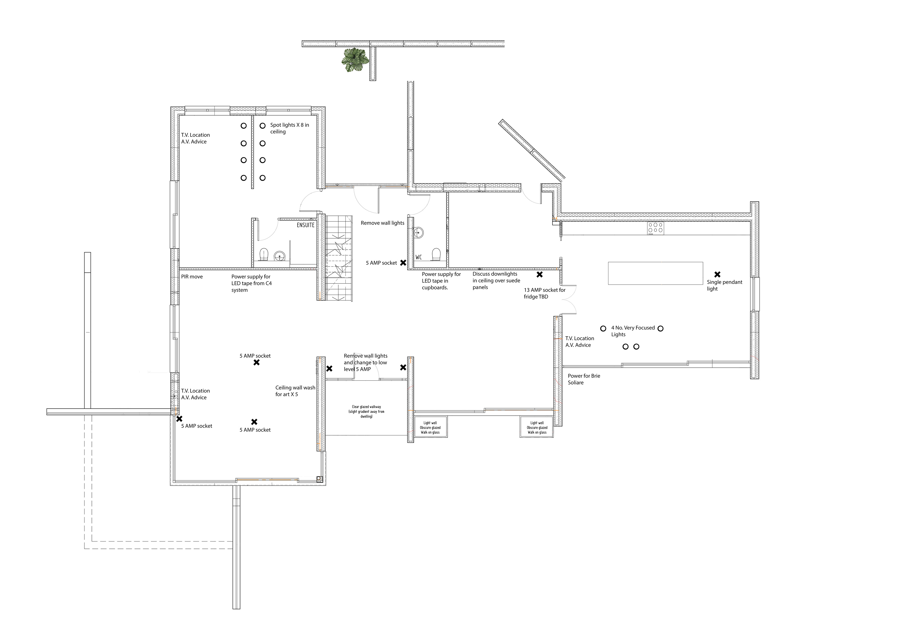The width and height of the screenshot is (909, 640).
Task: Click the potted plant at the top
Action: click(355, 60)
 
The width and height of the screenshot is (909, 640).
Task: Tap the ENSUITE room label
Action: click(306, 225)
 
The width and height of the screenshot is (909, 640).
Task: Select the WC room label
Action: click(419, 257)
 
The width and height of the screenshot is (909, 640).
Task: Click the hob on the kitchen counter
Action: click(656, 229)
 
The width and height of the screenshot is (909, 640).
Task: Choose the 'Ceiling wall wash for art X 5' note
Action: click(295, 391)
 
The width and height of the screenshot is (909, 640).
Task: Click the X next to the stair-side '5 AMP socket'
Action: click(403, 263)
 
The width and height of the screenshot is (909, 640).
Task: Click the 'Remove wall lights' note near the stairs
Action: click(383, 223)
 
